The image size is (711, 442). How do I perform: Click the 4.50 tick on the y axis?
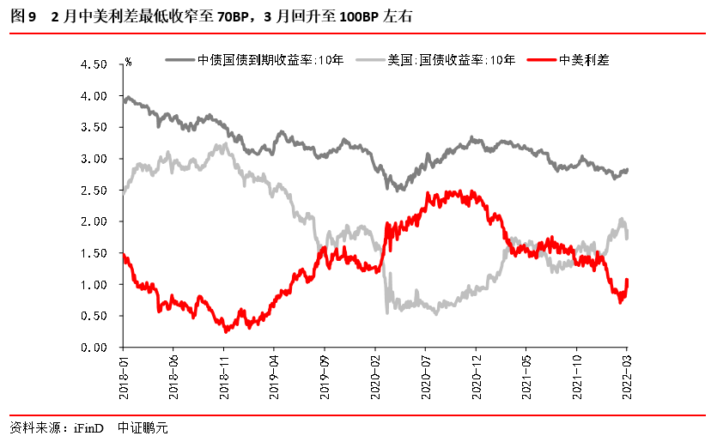(x=93, y=64)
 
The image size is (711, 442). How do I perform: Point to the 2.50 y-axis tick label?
(x=93, y=191)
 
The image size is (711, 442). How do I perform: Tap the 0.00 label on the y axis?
(x=93, y=348)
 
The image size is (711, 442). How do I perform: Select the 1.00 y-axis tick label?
(x=93, y=285)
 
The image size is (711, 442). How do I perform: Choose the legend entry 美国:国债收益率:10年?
(x=451, y=60)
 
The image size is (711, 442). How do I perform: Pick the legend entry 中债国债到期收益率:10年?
(x=258, y=60)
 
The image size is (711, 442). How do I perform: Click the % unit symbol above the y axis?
(x=128, y=62)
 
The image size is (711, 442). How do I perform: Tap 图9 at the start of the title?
(x=23, y=15)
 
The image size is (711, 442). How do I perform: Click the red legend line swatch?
(x=541, y=60)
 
